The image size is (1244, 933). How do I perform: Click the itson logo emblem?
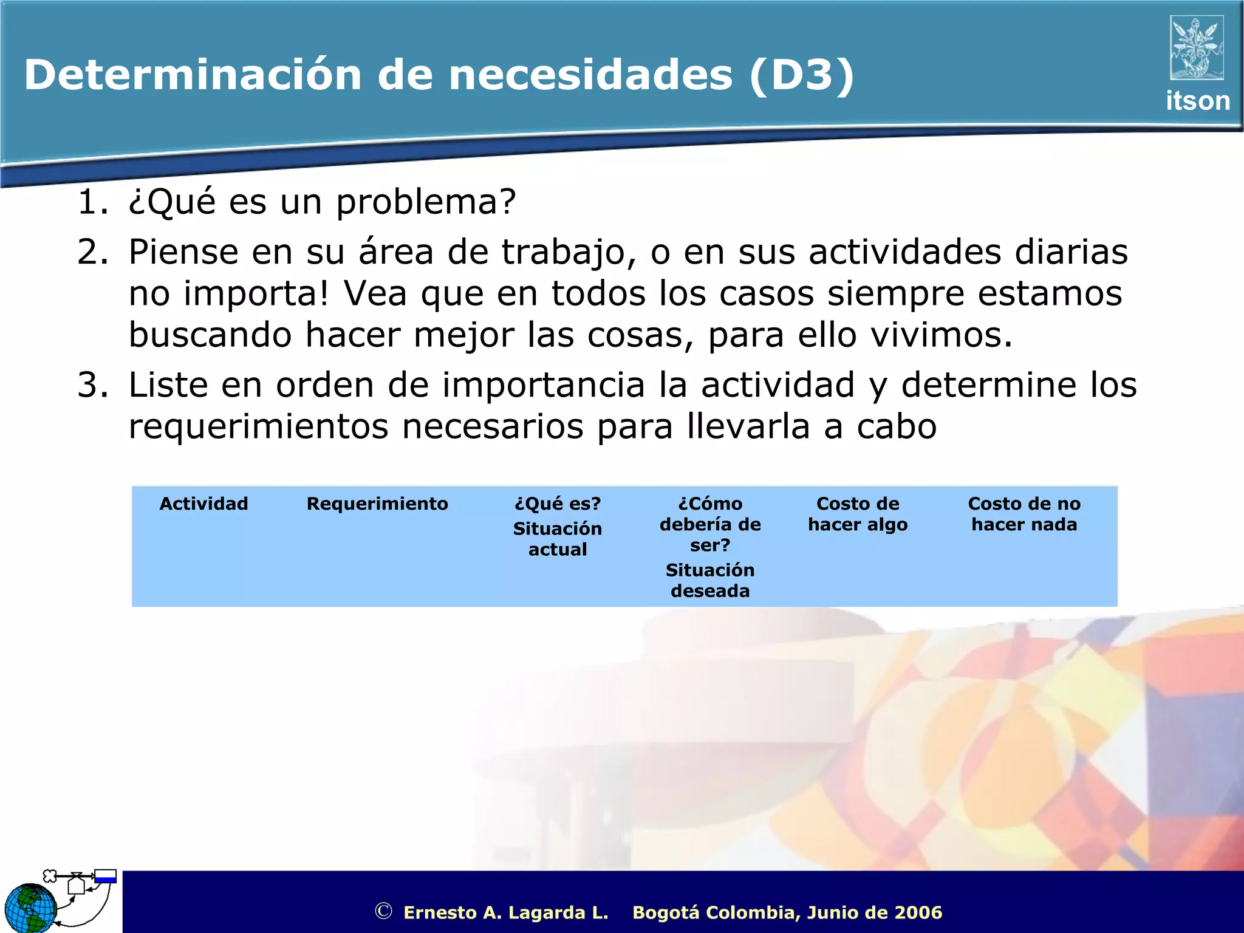[1197, 48]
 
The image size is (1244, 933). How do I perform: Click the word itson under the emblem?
[1197, 101]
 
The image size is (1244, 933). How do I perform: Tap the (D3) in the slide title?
[801, 75]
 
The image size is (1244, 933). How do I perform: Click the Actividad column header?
[203, 504]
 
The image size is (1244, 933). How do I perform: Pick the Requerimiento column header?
[377, 504]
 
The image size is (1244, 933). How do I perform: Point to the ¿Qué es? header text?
[557, 504]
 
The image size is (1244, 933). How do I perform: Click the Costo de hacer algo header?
[857, 514]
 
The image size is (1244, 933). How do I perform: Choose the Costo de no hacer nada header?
[1024, 514]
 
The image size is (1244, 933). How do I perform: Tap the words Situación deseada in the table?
[709, 580]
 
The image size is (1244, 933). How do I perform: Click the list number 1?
[92, 202]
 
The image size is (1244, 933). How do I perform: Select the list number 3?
[92, 385]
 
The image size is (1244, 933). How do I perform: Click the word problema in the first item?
[425, 203]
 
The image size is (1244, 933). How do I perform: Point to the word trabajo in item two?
[569, 253]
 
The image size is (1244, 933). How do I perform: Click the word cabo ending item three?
[897, 426]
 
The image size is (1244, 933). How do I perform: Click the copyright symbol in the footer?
[383, 911]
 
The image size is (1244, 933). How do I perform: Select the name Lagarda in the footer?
[549, 912]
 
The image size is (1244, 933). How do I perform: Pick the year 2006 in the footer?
[918, 912]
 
